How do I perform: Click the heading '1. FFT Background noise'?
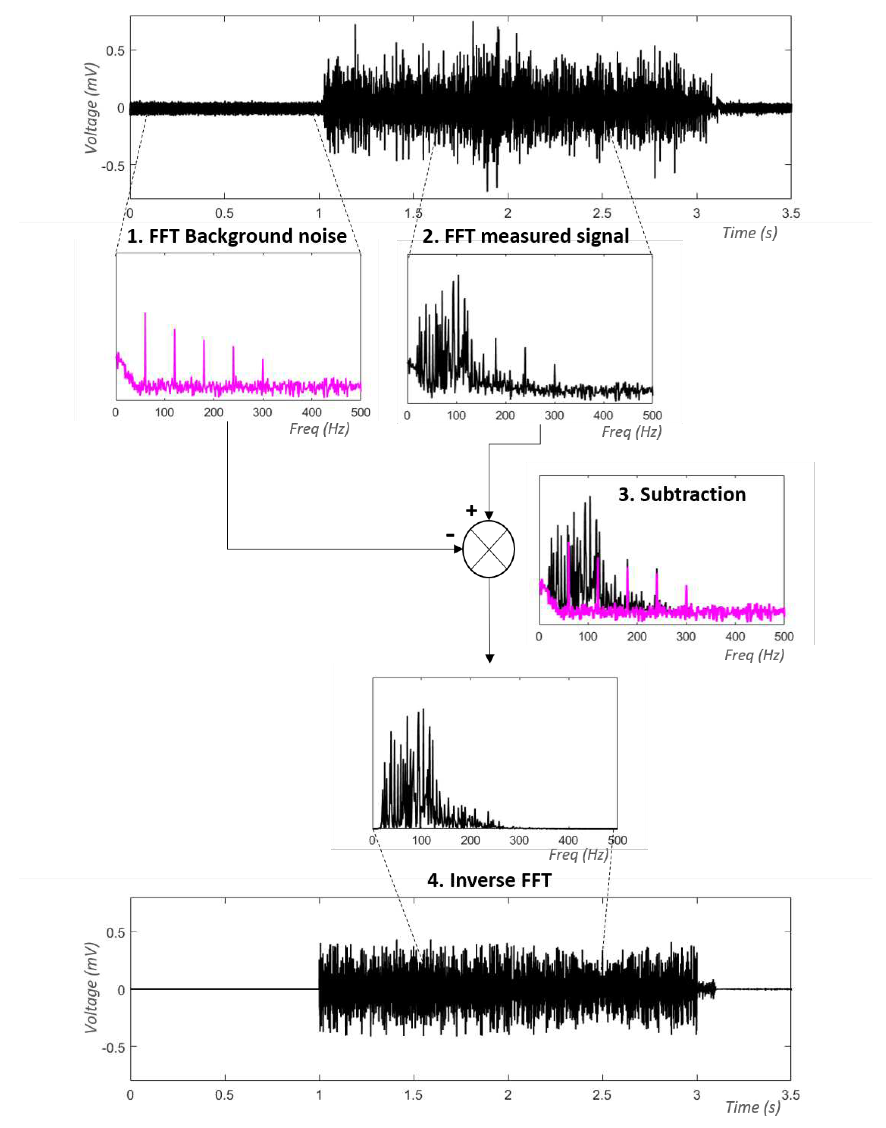click(x=237, y=236)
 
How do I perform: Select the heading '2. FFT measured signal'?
click(x=525, y=236)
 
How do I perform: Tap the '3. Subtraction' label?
click(x=681, y=494)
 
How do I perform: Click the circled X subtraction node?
click(x=488, y=549)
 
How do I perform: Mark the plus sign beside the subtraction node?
click(x=471, y=511)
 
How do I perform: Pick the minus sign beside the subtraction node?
click(x=450, y=534)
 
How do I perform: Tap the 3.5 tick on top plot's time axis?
click(x=791, y=213)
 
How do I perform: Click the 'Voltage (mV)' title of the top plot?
click(x=91, y=108)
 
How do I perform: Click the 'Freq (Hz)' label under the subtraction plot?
click(x=754, y=655)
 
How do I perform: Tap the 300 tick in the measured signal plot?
click(x=554, y=415)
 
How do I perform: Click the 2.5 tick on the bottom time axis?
click(x=602, y=1095)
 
